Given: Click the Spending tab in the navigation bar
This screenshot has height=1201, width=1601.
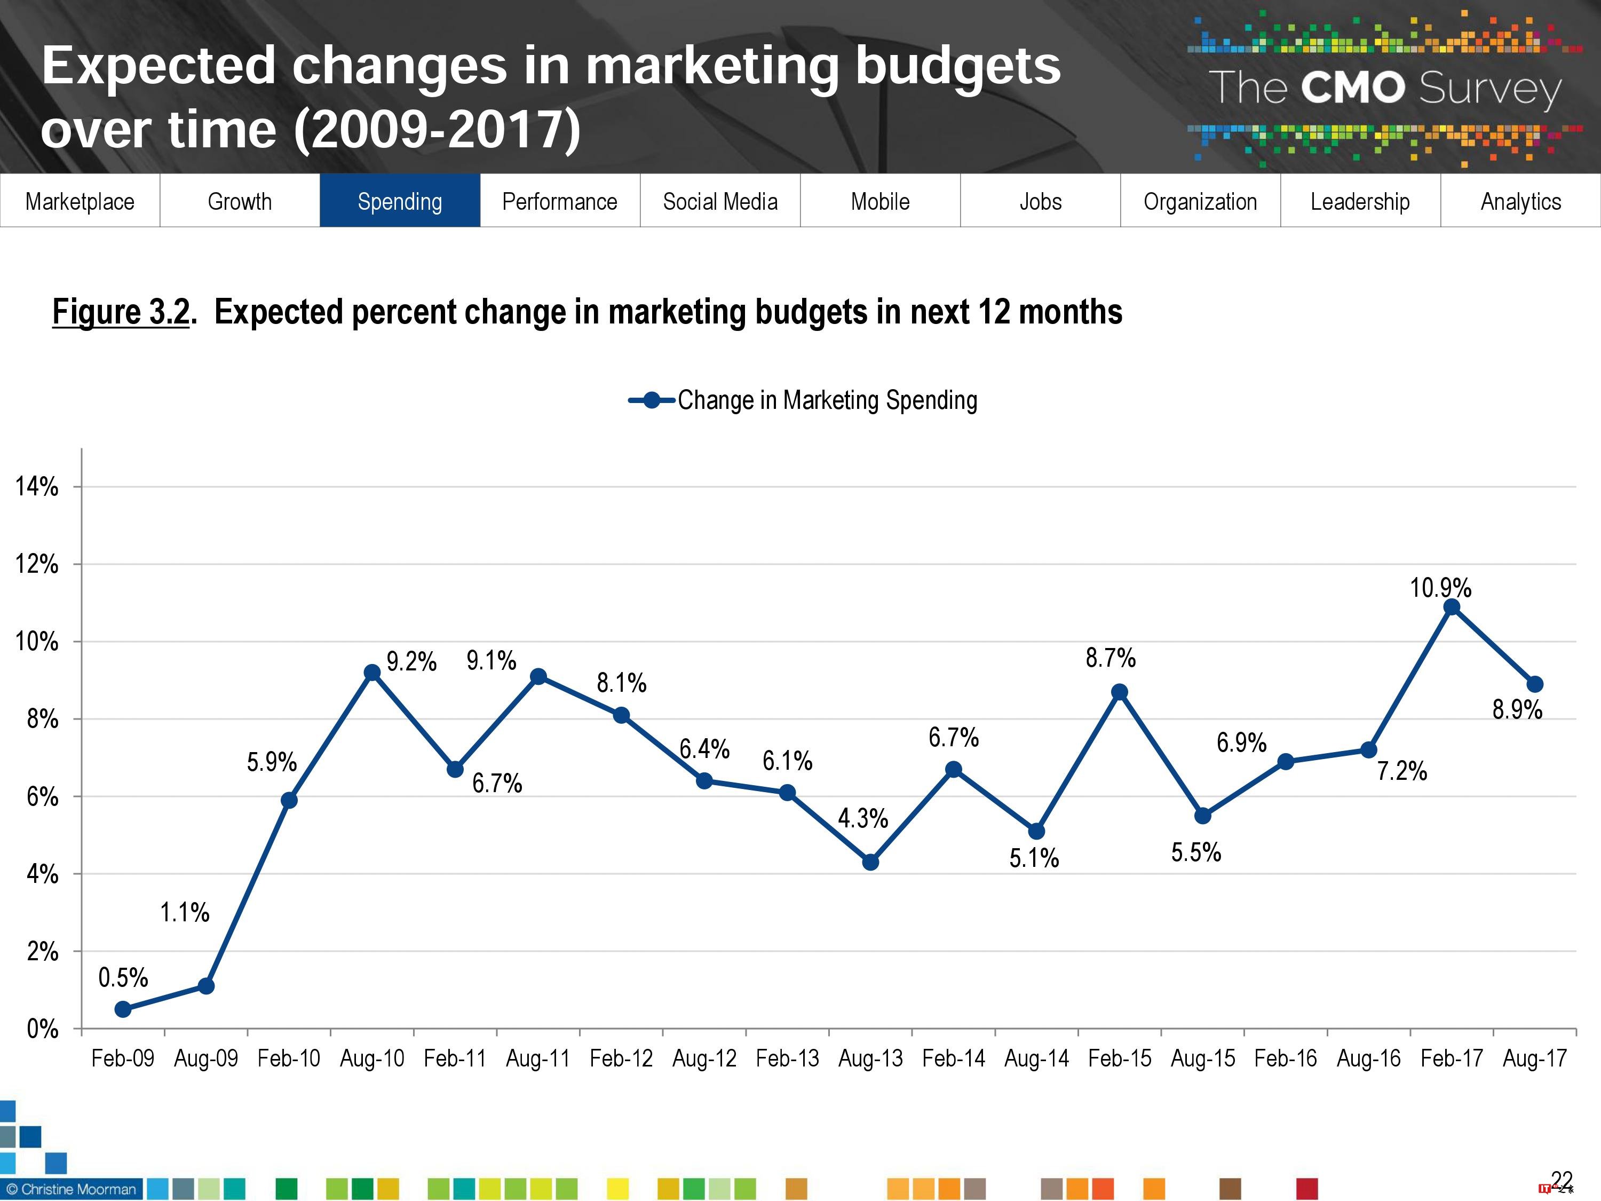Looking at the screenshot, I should click(400, 201).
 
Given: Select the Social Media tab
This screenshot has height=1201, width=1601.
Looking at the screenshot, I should click(720, 201).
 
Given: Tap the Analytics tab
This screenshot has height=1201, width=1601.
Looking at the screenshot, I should click(1520, 201).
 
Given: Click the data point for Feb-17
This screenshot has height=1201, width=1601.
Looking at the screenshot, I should click(1451, 607).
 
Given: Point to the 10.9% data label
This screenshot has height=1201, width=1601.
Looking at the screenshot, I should click(1440, 588).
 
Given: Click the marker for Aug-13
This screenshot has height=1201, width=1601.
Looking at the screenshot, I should click(871, 862).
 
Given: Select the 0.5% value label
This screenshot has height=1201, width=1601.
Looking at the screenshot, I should click(123, 978).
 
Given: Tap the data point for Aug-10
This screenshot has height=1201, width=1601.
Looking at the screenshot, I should click(372, 673).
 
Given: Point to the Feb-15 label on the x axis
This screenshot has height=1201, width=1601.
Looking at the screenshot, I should click(1120, 1058).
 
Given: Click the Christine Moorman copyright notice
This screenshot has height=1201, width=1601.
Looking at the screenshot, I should click(71, 1189).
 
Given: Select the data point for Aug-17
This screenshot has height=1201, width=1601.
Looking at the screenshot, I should click(1534, 684).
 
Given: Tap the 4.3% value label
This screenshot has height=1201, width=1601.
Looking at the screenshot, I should click(863, 819).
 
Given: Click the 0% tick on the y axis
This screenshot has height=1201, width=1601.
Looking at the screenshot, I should click(42, 1029).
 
